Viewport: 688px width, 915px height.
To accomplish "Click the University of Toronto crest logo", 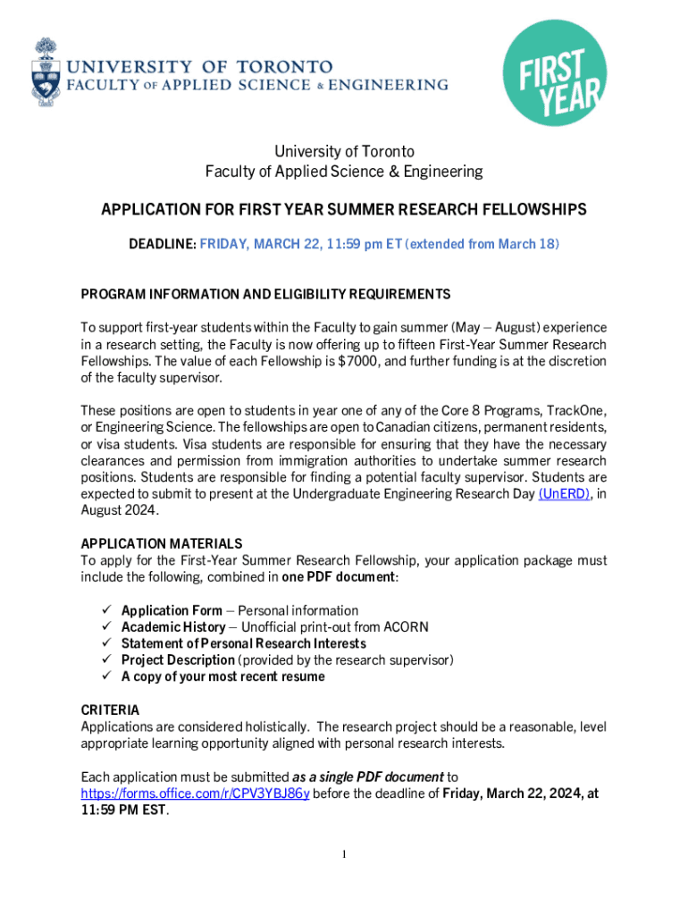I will tap(46, 71).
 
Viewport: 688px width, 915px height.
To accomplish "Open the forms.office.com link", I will tap(195, 793).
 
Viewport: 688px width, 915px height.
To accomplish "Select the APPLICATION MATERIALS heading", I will tap(161, 543).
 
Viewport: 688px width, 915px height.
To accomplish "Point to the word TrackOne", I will tap(569, 410).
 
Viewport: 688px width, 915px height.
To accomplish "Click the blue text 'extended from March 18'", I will tap(482, 244).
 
